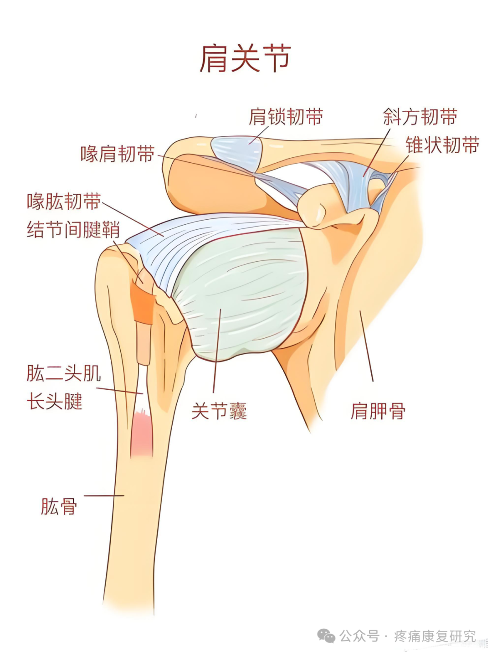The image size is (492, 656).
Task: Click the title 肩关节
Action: pos(245,59)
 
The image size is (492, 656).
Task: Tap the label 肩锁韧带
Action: pos(286,117)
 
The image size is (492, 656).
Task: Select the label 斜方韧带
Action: pos(420,117)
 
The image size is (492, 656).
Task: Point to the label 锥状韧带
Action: pos(442,145)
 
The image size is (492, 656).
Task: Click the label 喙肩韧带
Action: pos(118,154)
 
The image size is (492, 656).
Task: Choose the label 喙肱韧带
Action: pos(64,201)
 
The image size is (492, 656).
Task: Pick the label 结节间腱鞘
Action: pos(73,229)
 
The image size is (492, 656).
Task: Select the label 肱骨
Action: pos(59,506)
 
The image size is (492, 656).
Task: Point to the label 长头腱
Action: pos(55,402)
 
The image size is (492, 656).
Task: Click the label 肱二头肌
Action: pos(64,373)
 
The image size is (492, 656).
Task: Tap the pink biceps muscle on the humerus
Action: pos(142,435)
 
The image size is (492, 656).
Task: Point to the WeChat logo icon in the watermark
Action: pos(326,635)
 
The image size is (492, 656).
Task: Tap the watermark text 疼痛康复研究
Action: pos(435,635)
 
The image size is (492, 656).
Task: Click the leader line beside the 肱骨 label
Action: pos(104,496)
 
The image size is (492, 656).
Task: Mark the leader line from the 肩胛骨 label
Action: pos(367,346)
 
